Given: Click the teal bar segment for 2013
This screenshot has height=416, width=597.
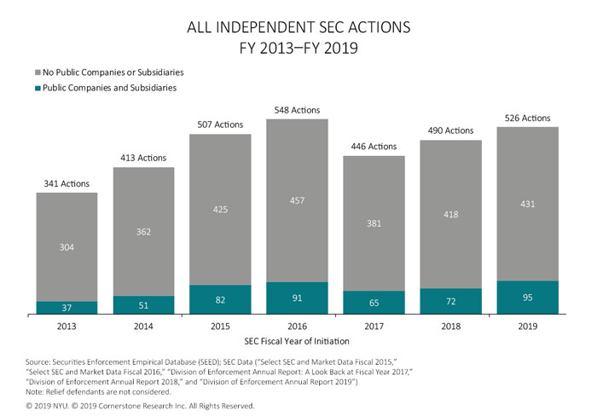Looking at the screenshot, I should (x=67, y=308).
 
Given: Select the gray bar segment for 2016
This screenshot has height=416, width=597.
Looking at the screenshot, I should (x=297, y=200).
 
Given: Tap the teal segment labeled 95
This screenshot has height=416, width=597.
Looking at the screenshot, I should (x=527, y=298).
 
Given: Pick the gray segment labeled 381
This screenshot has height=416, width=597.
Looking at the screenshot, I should (x=374, y=223).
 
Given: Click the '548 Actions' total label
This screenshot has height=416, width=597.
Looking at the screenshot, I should (x=297, y=111).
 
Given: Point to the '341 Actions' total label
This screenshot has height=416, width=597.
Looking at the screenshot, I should (x=67, y=183).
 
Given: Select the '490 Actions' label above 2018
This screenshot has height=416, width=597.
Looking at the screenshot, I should (x=450, y=130).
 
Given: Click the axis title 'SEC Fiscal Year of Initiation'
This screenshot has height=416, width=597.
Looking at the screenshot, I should (x=297, y=341).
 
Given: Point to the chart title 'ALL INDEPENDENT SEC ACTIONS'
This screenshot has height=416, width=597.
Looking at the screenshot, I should (x=298, y=27).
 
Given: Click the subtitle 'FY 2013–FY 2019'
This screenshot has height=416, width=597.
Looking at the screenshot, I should (x=298, y=48).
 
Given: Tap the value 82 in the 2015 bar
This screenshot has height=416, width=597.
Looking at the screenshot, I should (x=220, y=300).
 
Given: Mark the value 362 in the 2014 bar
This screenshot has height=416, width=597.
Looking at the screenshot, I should (x=143, y=231).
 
